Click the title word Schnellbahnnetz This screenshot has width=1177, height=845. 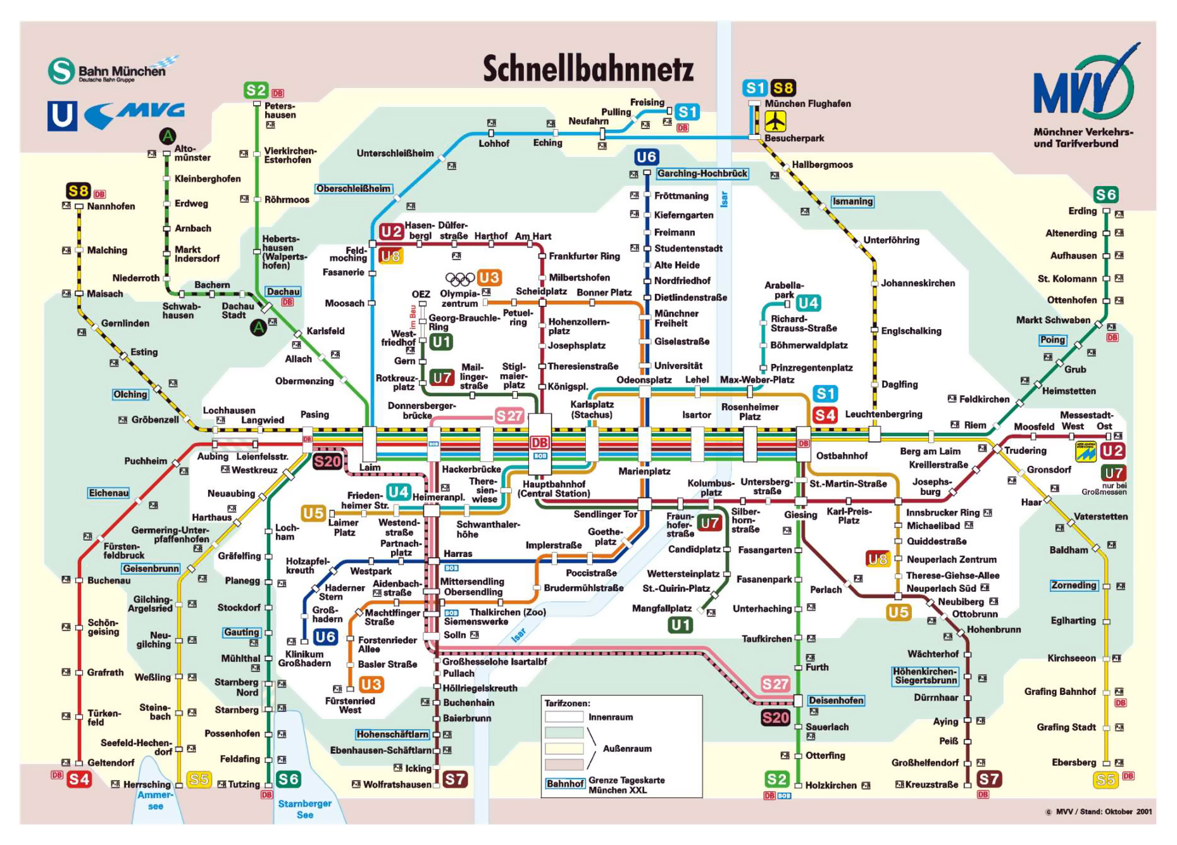[x=588, y=69]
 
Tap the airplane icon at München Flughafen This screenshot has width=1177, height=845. [x=775, y=120]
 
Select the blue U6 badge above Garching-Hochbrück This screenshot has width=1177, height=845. [x=647, y=157]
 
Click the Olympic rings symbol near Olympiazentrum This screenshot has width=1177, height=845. [x=459, y=279]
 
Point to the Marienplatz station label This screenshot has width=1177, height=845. [x=644, y=471]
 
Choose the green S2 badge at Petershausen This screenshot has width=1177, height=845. [x=256, y=91]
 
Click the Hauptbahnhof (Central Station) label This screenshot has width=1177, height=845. [x=554, y=489]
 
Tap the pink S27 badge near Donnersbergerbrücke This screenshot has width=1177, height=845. [x=509, y=416]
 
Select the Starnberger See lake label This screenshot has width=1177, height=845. [x=304, y=809]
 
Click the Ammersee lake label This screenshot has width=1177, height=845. [x=155, y=800]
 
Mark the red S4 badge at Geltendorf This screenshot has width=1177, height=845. [x=79, y=779]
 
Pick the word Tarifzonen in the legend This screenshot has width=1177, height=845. [x=567, y=703]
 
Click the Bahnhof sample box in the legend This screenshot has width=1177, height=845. [x=564, y=784]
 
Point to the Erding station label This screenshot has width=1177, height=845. [x=1082, y=211]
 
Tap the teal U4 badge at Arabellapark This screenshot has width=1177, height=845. [x=807, y=303]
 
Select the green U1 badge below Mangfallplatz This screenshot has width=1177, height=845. [x=680, y=625]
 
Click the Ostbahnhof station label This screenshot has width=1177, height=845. [x=842, y=456]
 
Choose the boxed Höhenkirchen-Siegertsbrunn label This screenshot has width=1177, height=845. [x=925, y=676]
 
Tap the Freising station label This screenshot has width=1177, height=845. [x=647, y=103]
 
